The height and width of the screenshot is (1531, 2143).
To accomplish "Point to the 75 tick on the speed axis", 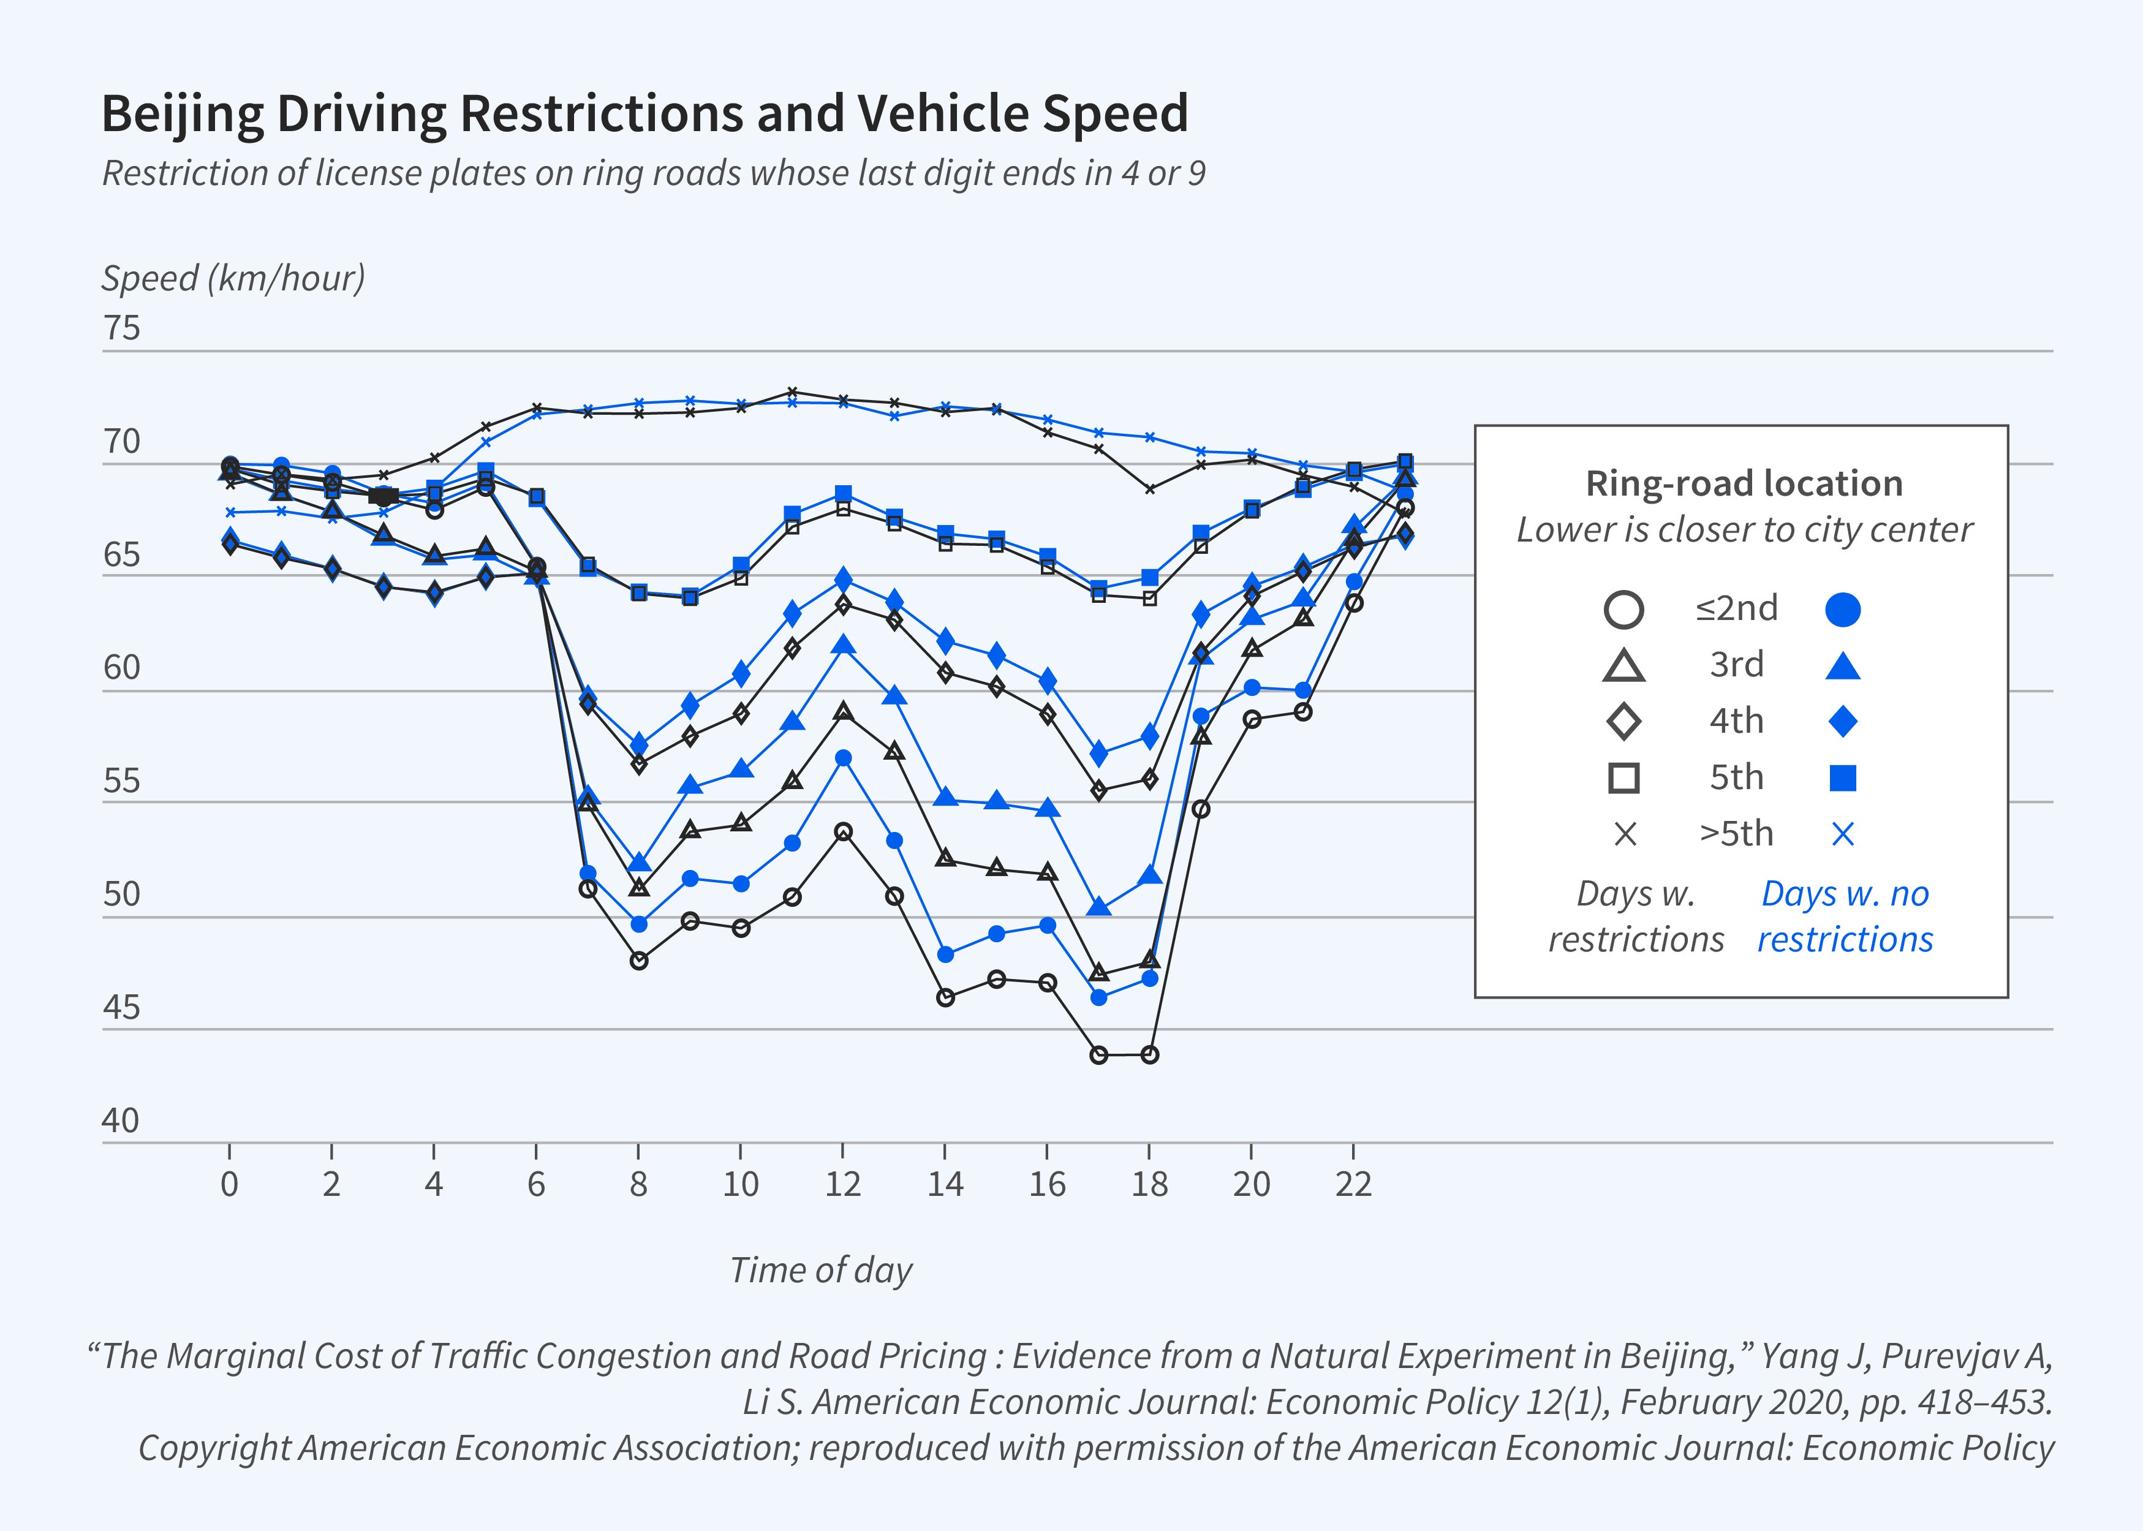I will point(122,328).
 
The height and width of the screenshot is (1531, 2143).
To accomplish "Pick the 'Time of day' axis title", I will point(820,1270).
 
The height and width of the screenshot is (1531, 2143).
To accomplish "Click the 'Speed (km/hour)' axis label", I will point(233,278).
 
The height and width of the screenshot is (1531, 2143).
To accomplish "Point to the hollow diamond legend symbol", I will point(1623,722).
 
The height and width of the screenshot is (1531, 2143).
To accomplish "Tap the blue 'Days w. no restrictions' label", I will point(1845,917).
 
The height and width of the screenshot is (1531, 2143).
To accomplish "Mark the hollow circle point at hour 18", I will point(1149,1055).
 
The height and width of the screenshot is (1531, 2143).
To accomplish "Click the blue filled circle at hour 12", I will point(844,758).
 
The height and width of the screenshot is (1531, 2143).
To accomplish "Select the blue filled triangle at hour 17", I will point(1098,907).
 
